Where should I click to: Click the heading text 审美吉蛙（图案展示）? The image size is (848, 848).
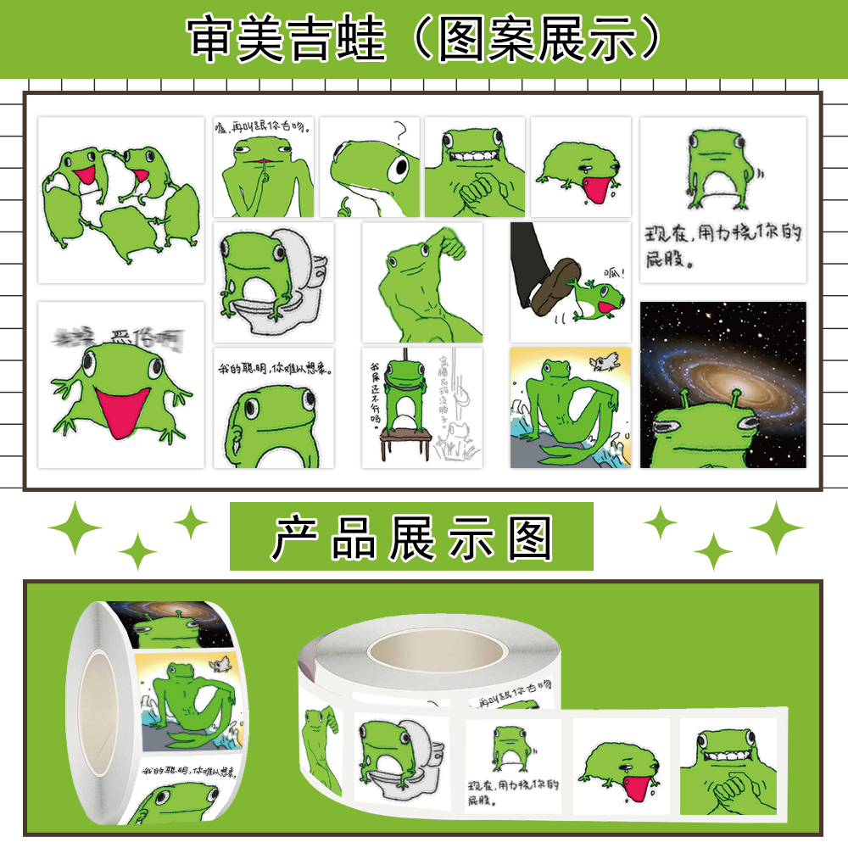click(x=424, y=38)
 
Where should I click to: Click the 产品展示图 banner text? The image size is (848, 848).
click(x=412, y=538)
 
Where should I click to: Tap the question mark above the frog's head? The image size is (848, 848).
click(x=402, y=131)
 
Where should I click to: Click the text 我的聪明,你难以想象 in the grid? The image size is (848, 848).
click(x=272, y=370)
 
